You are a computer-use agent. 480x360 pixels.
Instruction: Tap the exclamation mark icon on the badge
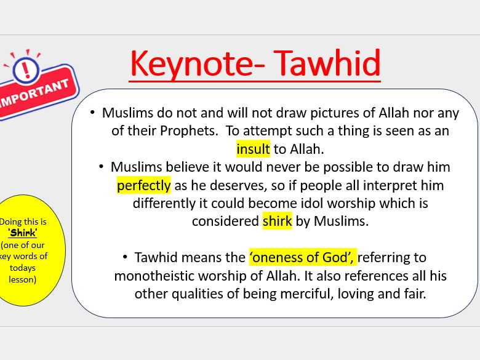click(25, 70)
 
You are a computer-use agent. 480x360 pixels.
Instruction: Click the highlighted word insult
click(253, 149)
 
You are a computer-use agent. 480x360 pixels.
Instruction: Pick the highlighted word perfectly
click(143, 185)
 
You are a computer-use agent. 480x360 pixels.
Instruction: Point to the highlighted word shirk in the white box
click(277, 221)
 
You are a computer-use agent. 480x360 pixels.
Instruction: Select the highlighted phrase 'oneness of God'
click(302, 257)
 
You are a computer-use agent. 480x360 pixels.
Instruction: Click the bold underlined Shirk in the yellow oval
click(23, 233)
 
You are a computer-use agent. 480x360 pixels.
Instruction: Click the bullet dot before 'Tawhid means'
click(125, 257)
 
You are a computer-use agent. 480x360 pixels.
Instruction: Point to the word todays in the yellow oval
click(23, 268)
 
